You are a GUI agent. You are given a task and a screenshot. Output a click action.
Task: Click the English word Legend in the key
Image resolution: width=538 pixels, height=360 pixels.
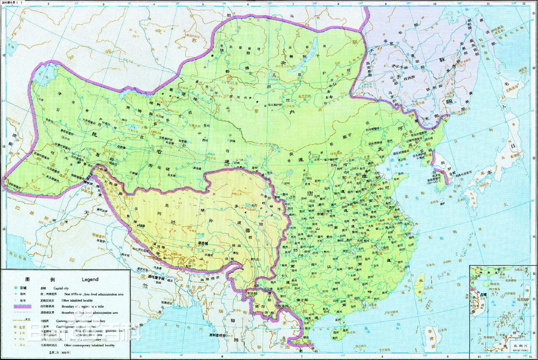point(87,279)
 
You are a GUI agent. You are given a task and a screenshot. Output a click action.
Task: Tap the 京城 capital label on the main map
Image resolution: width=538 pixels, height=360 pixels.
point(321,213)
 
